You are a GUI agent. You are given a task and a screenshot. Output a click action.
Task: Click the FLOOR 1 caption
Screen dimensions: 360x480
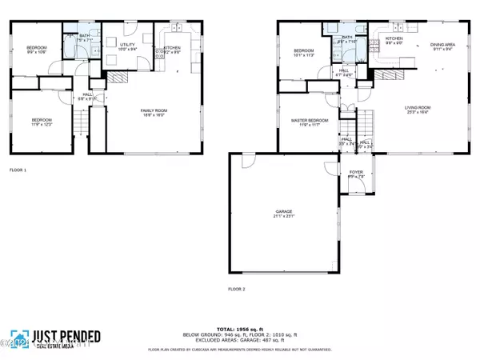tap(18, 170)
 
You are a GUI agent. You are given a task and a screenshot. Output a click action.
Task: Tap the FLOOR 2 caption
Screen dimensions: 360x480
tap(237, 288)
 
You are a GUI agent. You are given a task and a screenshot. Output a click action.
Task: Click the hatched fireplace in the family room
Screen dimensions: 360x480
tap(117, 78)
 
